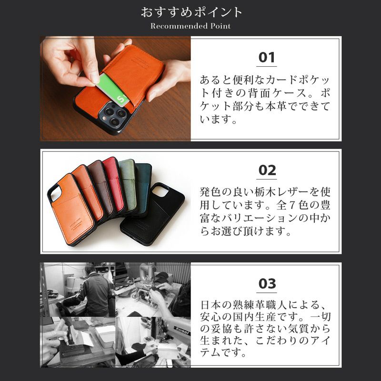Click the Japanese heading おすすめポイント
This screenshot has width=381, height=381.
tap(190, 12)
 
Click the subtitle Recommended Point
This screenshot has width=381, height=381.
tap(190, 26)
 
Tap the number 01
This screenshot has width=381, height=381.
tap(267, 58)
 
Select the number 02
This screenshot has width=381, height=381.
tap(267, 170)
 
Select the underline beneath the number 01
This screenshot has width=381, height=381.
tap(267, 66)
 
